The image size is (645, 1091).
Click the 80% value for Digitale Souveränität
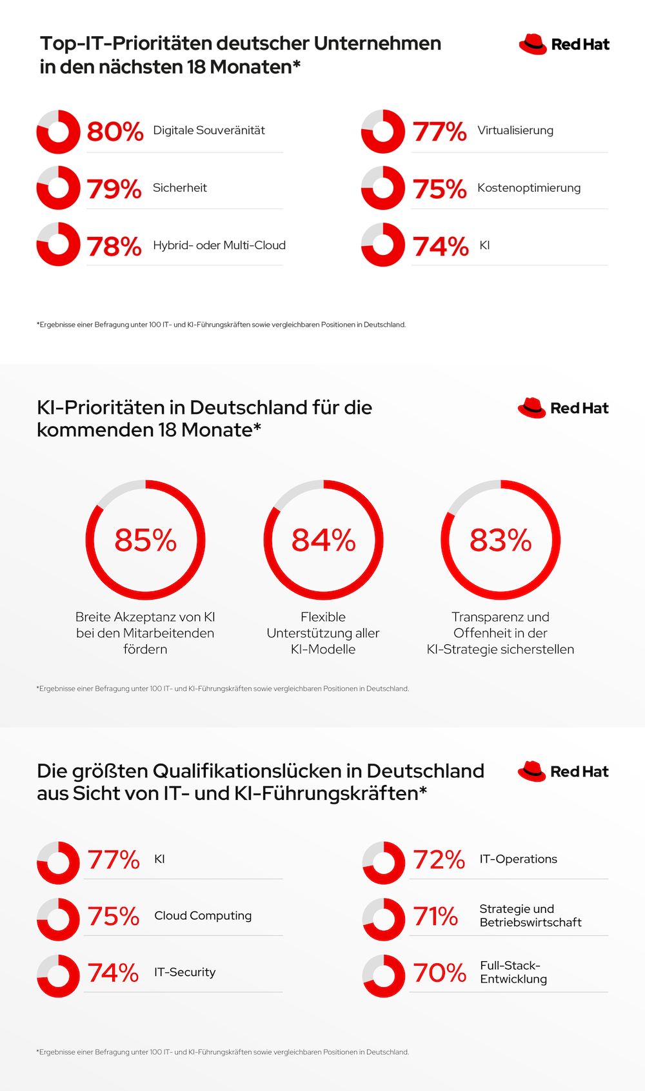tap(115, 132)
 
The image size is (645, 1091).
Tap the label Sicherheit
tap(180, 188)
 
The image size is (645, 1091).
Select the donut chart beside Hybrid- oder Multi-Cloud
tap(58, 245)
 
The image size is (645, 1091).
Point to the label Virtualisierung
tap(515, 130)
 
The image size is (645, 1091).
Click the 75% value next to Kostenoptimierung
tap(439, 189)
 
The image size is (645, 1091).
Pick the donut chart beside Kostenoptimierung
tap(383, 188)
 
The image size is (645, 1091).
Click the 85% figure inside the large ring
tap(145, 540)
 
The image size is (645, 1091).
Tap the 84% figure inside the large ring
tap(323, 540)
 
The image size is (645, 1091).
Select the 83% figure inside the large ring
tap(501, 540)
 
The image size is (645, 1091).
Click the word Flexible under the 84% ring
tap(323, 617)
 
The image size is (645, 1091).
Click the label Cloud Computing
tap(203, 915)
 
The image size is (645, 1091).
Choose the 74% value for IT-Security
tap(113, 973)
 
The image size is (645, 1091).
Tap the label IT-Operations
tap(518, 859)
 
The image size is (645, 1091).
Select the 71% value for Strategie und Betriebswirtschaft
tap(435, 917)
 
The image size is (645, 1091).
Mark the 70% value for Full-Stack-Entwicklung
tap(439, 973)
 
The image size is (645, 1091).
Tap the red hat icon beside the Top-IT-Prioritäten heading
tap(533, 44)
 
